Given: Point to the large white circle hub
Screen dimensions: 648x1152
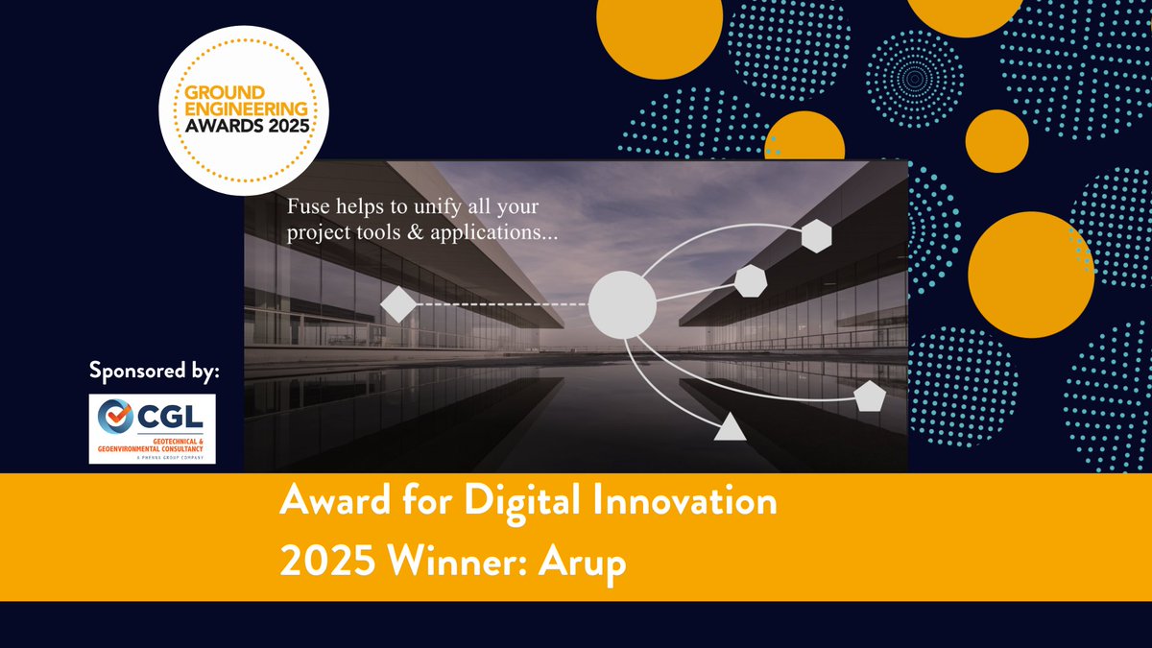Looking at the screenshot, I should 621,303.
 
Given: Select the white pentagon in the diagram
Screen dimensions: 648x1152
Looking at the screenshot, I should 869,396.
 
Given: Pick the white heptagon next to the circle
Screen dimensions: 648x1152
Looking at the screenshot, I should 750,280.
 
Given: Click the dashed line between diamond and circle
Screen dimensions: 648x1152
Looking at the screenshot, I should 499,304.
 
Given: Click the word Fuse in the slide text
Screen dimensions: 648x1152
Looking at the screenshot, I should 308,206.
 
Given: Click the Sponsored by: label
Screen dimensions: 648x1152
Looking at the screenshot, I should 154,370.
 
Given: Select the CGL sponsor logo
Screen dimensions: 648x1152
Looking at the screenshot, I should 153,428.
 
